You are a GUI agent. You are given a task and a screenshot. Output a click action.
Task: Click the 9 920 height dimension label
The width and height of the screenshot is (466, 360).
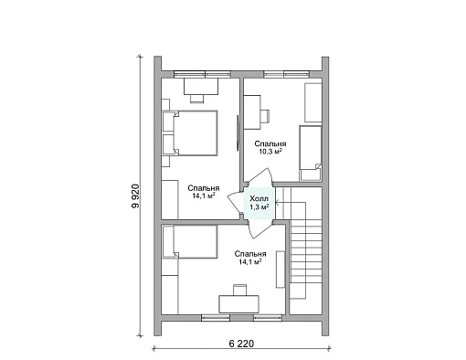click(x=135, y=196)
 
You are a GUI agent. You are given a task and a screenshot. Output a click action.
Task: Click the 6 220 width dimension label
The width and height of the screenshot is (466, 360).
click(x=241, y=344)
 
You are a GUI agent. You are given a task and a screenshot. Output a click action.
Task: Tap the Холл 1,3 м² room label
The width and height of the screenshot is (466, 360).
click(x=259, y=203)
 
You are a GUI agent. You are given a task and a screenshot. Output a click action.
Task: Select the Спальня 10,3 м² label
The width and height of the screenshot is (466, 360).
click(x=270, y=148)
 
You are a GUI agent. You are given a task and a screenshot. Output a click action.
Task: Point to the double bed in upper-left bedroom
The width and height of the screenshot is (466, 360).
click(x=195, y=133)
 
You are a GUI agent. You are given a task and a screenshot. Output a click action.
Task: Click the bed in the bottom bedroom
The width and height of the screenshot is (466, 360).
click(x=190, y=242)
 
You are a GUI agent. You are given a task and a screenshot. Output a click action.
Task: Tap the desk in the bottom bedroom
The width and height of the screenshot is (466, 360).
click(x=238, y=304)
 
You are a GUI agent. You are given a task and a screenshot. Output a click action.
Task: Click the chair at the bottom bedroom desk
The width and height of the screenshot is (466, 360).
click(x=239, y=290)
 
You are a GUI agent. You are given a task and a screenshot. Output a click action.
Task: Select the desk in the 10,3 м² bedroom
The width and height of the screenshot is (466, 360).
click(x=252, y=112)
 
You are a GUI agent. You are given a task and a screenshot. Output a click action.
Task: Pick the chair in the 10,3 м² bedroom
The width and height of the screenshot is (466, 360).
click(x=265, y=116)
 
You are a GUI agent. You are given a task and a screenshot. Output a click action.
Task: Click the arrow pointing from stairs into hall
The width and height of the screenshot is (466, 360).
click(x=291, y=202)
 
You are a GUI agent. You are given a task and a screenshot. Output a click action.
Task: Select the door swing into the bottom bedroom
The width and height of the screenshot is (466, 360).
click(x=258, y=229)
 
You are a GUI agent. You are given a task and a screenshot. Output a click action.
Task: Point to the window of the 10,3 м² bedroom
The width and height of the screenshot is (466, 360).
click(x=286, y=74)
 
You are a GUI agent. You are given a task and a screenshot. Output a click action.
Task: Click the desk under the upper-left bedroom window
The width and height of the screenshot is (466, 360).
click(x=201, y=87)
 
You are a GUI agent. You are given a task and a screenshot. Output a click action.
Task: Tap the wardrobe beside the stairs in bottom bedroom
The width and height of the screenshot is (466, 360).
click(x=281, y=270)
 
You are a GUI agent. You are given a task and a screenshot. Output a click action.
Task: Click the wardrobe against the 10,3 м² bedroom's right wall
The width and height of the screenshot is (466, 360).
click(x=313, y=102)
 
